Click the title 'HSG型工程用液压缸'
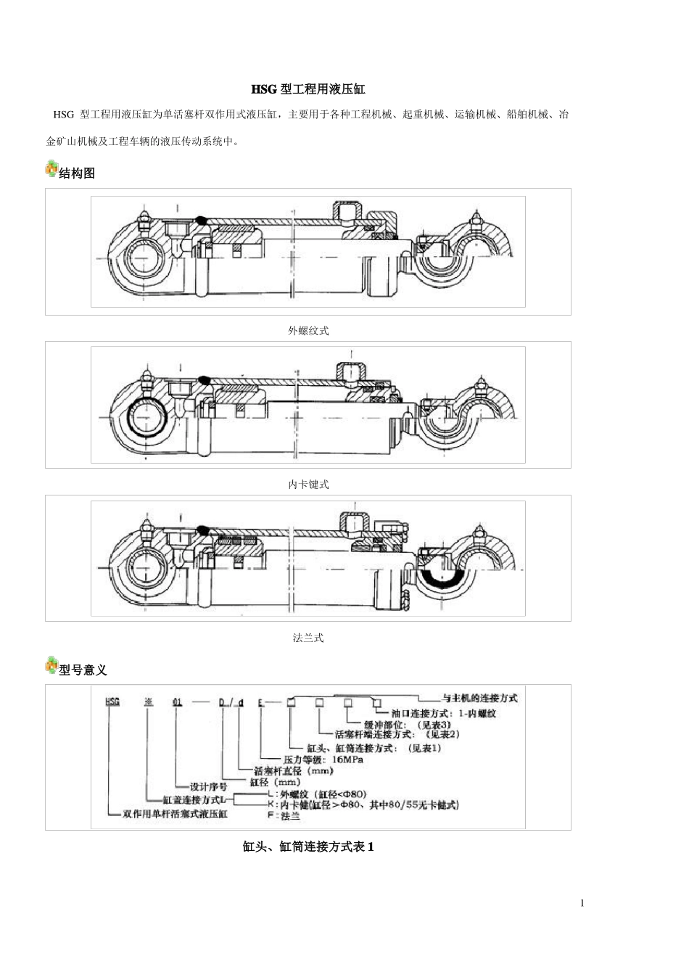(308, 89)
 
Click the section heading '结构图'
(77, 173)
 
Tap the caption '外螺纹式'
(308, 331)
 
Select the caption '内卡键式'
(308, 485)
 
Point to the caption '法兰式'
(308, 638)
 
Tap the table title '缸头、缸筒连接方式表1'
(308, 847)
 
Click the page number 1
(582, 903)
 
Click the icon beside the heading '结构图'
(51, 168)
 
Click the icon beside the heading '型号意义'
(51, 665)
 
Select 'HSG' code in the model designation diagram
(113, 702)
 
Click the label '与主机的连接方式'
(479, 698)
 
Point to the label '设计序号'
(208, 786)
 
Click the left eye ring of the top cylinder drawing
(143, 260)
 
